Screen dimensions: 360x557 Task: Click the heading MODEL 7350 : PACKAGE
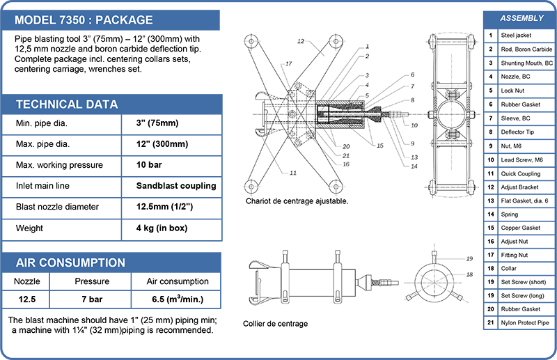click(84, 20)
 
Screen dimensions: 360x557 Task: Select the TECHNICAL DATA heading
click(67, 104)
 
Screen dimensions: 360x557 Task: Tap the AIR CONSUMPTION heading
click(70, 263)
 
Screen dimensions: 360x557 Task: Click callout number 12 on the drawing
click(301, 42)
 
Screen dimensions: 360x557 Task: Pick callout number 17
click(288, 64)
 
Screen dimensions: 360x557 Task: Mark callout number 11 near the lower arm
click(293, 172)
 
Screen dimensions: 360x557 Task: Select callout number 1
click(366, 46)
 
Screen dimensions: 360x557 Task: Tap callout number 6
click(412, 75)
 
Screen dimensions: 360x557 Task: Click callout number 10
click(414, 125)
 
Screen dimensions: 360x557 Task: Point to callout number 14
click(414, 166)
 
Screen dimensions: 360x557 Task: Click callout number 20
click(345, 146)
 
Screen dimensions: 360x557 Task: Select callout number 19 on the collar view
click(450, 258)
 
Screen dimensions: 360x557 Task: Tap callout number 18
click(450, 275)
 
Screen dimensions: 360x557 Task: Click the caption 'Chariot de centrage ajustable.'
click(297, 201)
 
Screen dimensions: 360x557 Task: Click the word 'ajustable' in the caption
click(331, 201)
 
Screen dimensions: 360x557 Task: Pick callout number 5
click(366, 95)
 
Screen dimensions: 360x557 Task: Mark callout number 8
click(412, 100)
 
